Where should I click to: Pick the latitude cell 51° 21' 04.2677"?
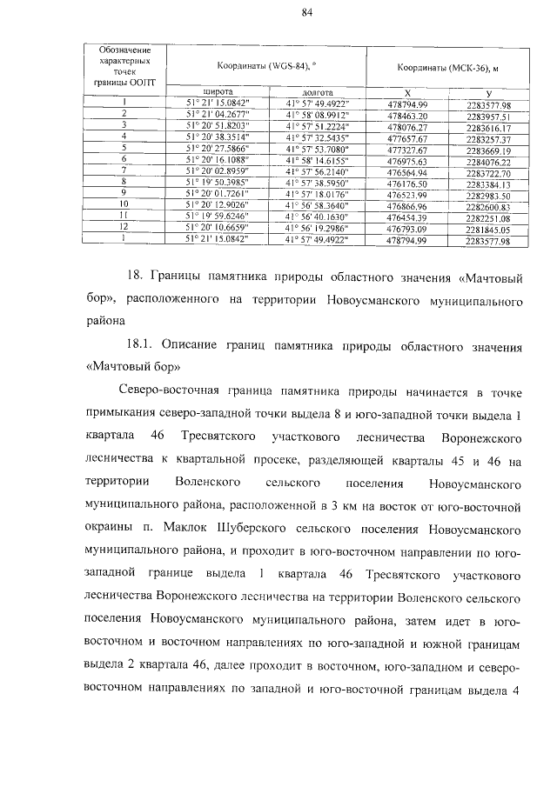click(218, 115)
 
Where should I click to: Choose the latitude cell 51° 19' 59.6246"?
click(218, 217)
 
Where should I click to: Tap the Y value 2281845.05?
click(487, 229)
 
